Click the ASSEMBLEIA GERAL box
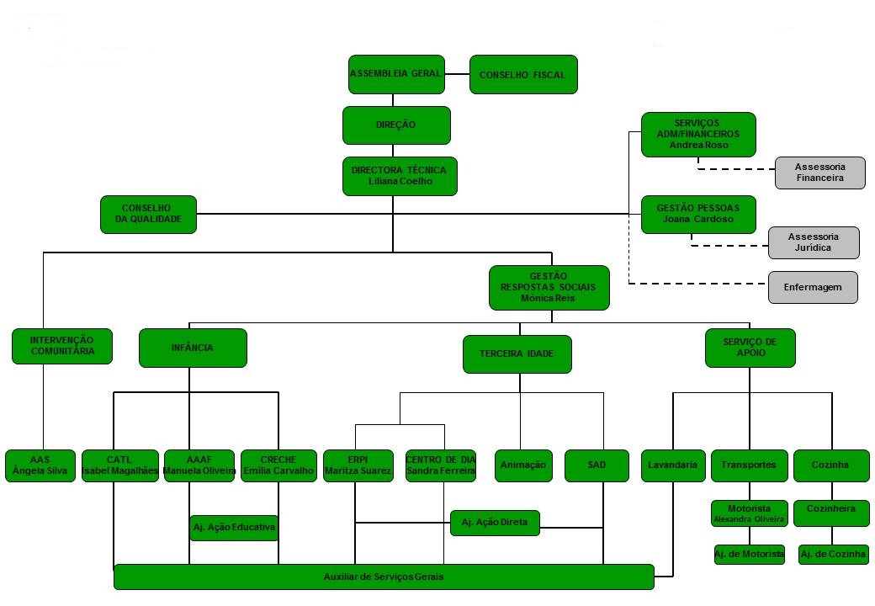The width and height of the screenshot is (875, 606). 396,74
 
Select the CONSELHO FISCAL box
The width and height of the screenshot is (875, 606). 522,75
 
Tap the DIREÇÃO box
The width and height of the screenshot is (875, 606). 395,125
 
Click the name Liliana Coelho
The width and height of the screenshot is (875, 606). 399,181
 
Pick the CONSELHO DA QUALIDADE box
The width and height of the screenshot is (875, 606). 147,215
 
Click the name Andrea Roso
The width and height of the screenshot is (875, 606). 698,145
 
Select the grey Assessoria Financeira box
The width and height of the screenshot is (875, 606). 819,173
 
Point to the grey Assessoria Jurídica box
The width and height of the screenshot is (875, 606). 814,242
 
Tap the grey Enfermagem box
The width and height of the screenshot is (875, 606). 812,287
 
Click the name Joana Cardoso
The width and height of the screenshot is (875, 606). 698,219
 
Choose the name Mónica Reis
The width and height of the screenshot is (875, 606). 548,298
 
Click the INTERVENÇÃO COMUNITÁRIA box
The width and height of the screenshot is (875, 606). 62,346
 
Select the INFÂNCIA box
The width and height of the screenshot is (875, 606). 193,348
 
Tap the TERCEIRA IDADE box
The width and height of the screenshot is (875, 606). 517,353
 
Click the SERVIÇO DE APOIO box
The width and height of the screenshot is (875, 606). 750,348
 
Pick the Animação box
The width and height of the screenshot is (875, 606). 522,465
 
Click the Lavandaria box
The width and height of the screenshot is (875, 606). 672,465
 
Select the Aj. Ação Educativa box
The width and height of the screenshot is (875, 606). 234,528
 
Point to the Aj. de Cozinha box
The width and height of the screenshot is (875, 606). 833,555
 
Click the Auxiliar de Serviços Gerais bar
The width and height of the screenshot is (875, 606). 384,577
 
